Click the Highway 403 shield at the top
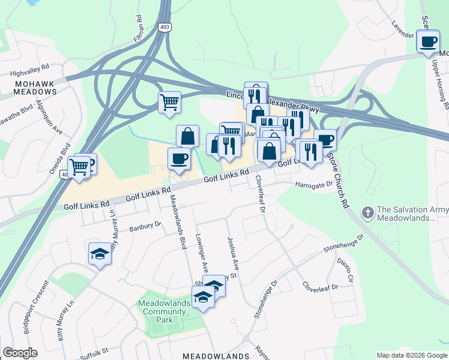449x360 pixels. click(164, 27)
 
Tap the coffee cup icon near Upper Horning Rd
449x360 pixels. click(428, 42)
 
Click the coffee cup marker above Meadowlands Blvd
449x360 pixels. click(179, 159)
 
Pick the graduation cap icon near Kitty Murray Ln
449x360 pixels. click(100, 254)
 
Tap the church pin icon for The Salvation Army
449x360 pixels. click(367, 212)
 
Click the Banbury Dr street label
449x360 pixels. click(146, 226)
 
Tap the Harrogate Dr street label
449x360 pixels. click(313, 184)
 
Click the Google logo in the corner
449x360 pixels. click(20, 353)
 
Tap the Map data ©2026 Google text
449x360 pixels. click(411, 355)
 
